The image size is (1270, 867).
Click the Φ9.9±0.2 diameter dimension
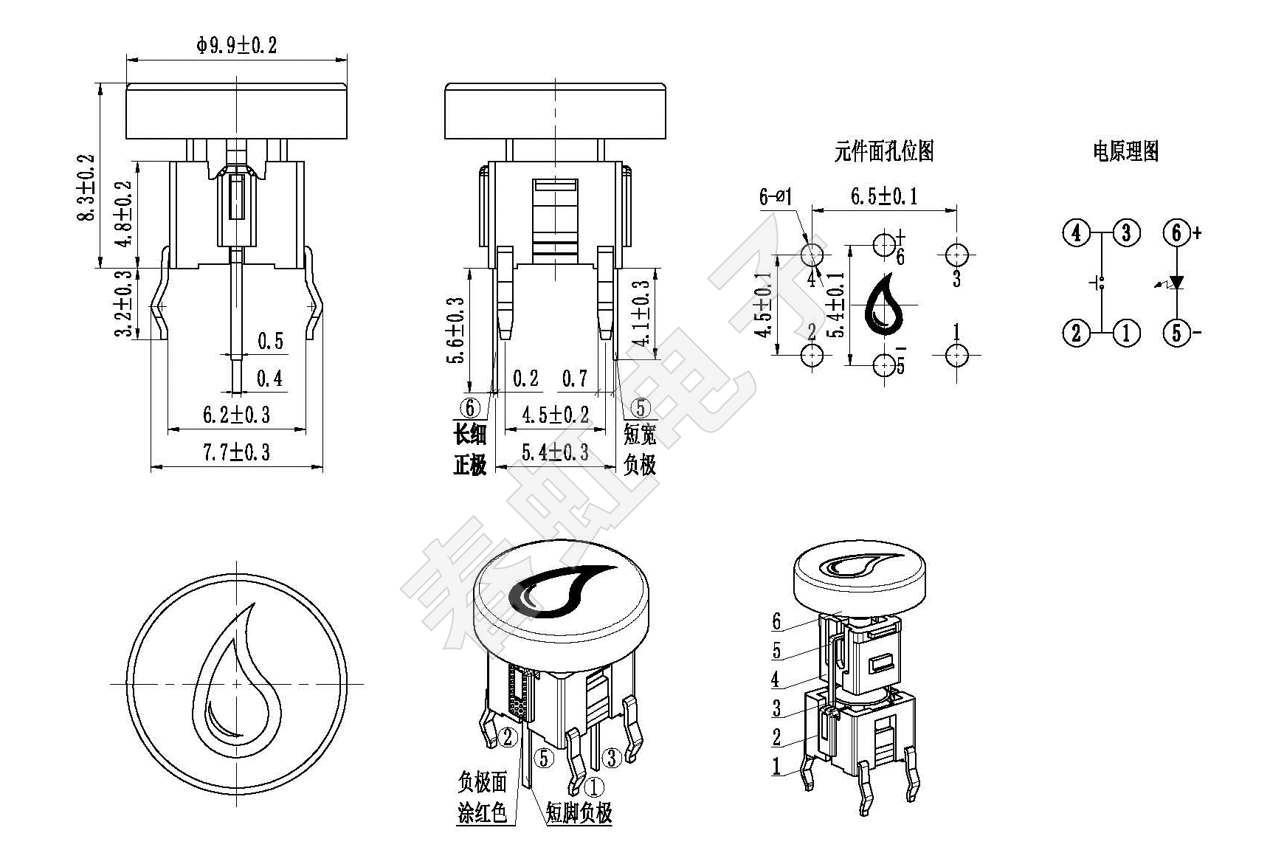pos(237,46)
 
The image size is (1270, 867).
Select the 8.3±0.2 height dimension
pos(87,187)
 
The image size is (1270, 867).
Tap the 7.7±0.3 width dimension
pos(237,452)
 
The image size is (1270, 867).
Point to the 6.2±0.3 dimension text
pos(237,415)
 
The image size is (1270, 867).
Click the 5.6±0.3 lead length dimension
pos(457,330)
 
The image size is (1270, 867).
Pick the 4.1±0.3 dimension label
pos(642,314)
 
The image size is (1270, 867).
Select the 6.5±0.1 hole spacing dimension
pos(883,196)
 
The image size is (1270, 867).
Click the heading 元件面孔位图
pos(884,152)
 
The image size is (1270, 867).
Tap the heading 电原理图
pos(1125,152)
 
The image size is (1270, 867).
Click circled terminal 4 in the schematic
pos(1076,233)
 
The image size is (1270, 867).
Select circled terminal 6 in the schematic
pos(1176,233)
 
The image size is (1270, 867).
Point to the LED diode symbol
pos(1176,283)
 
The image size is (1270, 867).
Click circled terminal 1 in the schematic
pos(1126,333)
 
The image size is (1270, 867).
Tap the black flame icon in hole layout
pos(883,304)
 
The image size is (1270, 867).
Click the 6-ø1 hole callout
pos(775,197)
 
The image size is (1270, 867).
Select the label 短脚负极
pos(579,812)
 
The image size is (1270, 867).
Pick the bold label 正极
pos(470,466)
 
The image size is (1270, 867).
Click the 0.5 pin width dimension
pos(270,341)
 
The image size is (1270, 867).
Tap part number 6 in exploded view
pos(776,621)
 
